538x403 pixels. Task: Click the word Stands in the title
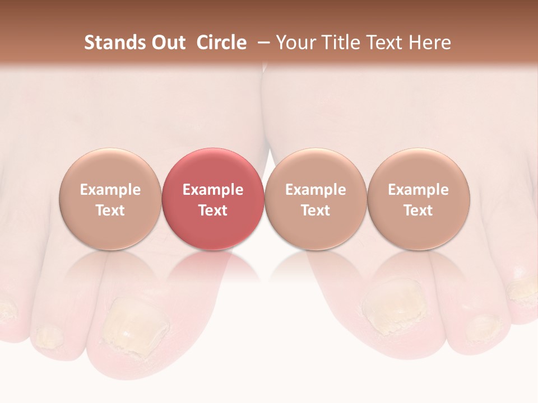pyautogui.click(x=108, y=43)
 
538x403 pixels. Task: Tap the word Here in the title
pyautogui.click(x=430, y=43)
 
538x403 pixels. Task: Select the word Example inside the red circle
pyautogui.click(x=213, y=190)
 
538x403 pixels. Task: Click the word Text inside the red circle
pyautogui.click(x=213, y=210)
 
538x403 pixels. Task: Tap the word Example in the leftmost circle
pyautogui.click(x=110, y=190)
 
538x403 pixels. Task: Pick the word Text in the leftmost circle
pyautogui.click(x=110, y=210)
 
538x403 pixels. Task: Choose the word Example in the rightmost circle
pyautogui.click(x=418, y=190)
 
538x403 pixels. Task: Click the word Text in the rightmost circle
pyautogui.click(x=418, y=210)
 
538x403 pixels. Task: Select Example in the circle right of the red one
pyautogui.click(x=316, y=190)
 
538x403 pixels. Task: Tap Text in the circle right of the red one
pyautogui.click(x=316, y=210)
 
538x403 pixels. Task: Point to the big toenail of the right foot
pyautogui.click(x=392, y=308)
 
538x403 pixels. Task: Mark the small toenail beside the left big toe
pyautogui.click(x=48, y=336)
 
